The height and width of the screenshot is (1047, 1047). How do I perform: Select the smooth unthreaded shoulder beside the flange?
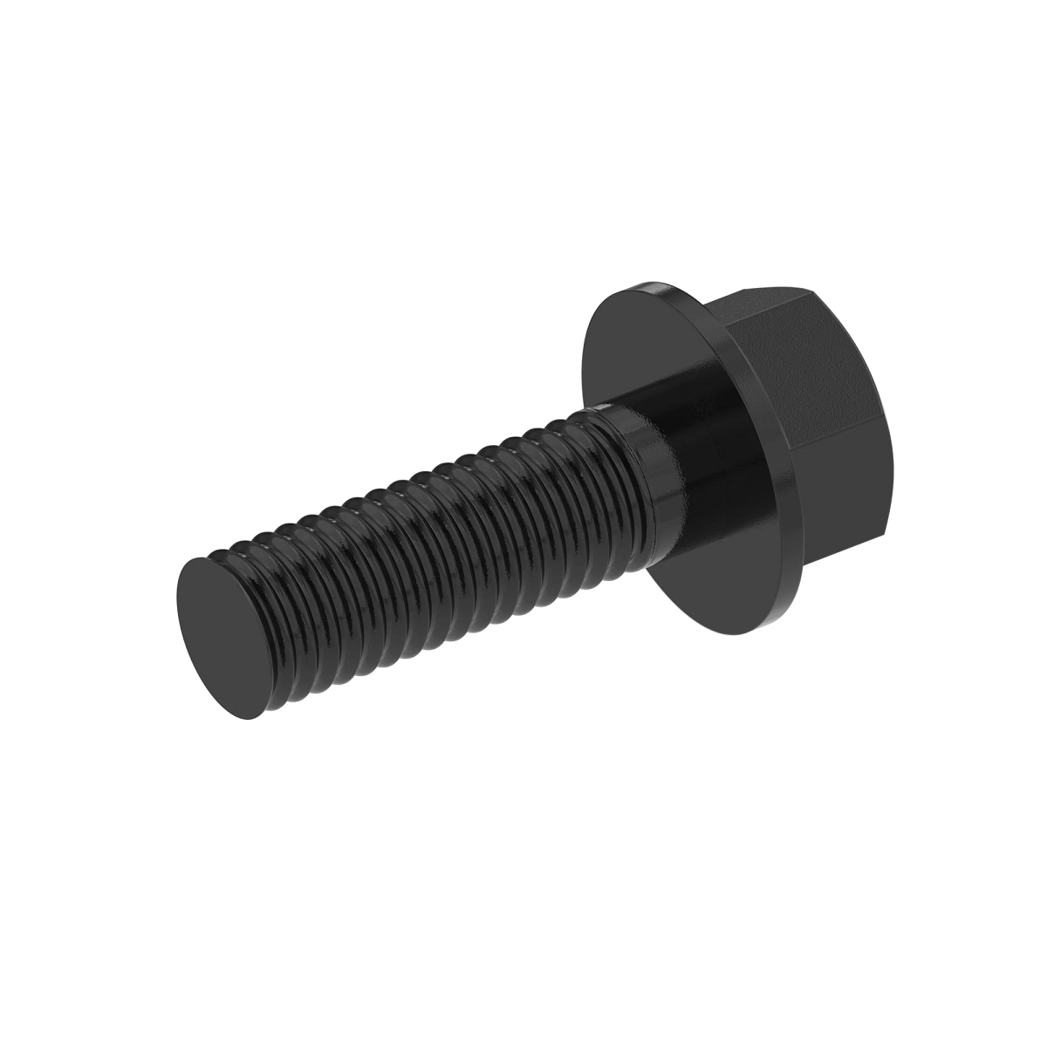coord(698,454)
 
